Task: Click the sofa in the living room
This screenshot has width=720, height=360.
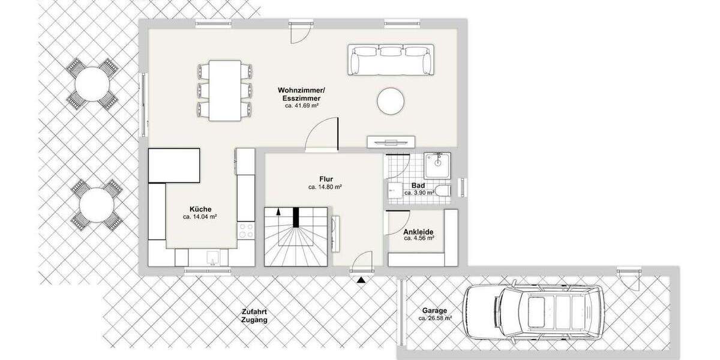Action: pos(391,60)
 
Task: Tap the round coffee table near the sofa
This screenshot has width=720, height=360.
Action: pos(391,101)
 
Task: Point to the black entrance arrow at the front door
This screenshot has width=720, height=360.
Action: pos(360,279)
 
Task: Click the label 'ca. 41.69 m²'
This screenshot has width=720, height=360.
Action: pos(301,106)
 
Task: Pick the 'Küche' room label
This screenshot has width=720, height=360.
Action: pos(200,209)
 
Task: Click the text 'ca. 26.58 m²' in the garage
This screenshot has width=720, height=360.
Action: pos(435,319)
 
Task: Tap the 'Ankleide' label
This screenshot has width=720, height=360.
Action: pos(419,232)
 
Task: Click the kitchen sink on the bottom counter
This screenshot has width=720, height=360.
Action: pos(211,257)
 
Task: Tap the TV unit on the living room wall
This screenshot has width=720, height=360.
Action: pos(391,142)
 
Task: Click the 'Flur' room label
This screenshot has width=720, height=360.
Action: pos(326,179)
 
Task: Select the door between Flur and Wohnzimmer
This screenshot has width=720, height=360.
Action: pos(323,135)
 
